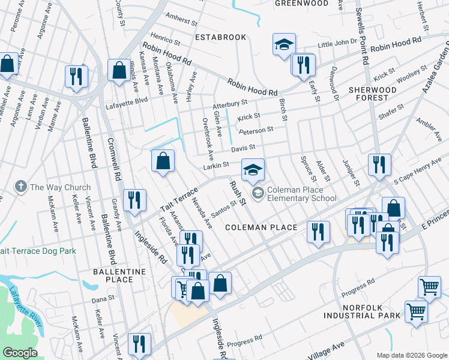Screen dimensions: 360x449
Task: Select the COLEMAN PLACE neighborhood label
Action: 261,227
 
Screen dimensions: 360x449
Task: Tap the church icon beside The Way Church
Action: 21,187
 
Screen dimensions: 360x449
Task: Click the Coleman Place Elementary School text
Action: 302,194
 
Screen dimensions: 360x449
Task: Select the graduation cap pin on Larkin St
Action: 253,170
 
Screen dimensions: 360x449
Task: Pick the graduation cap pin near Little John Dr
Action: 284,44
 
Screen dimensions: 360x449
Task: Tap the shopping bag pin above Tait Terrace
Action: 163,161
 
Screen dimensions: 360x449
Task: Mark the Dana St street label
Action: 103,299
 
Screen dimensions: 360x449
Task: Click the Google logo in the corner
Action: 20,353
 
